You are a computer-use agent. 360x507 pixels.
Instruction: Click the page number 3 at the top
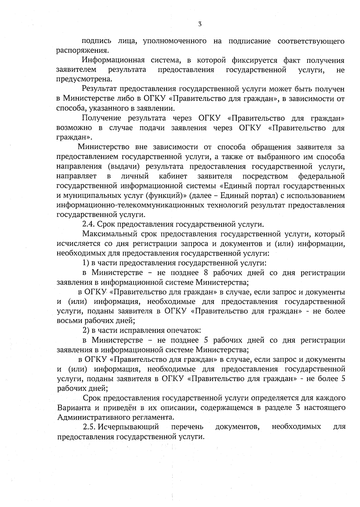click(200, 24)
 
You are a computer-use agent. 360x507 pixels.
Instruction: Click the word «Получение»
click(102, 118)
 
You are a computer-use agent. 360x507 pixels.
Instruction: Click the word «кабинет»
click(173, 176)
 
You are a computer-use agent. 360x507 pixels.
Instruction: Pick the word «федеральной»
click(321, 176)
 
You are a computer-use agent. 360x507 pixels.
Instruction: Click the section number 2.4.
click(89, 224)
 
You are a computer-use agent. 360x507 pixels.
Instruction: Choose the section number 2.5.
click(89, 427)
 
